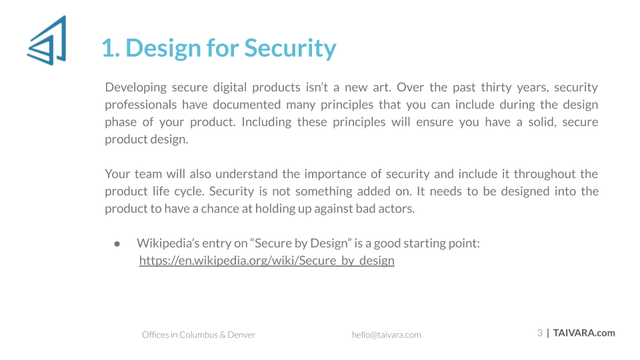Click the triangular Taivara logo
[47, 41]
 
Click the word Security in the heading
[290, 48]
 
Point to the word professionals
[141, 105]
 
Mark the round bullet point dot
[117, 244]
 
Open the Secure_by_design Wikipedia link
[267, 261]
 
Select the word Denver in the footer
[241, 335]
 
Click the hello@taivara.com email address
[386, 335]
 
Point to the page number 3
[540, 333]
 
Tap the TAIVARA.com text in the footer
[584, 333]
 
